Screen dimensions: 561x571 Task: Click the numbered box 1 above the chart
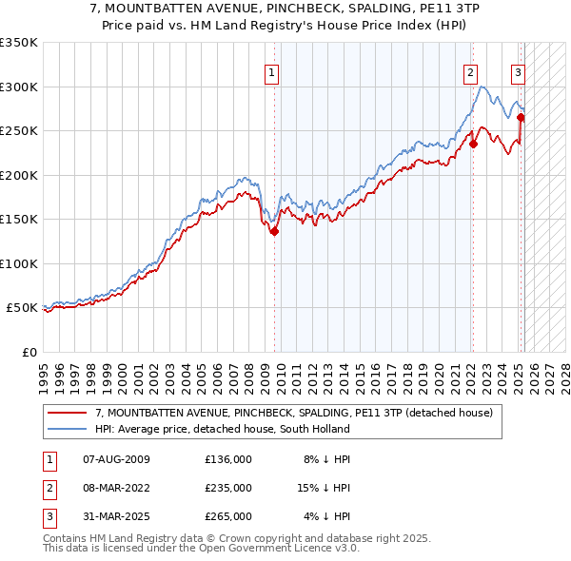pos(272,71)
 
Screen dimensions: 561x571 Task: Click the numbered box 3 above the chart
pos(518,71)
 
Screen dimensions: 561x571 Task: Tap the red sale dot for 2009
pos(274,231)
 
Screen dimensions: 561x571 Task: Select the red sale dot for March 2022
pos(473,145)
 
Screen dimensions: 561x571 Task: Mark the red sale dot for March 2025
pos(522,118)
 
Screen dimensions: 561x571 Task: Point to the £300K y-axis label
pos(19,87)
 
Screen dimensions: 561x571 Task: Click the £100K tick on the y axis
pos(19,263)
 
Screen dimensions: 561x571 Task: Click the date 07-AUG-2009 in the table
pos(117,459)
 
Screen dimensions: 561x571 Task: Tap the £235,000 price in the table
pos(228,487)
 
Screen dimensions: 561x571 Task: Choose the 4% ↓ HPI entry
pos(327,516)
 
